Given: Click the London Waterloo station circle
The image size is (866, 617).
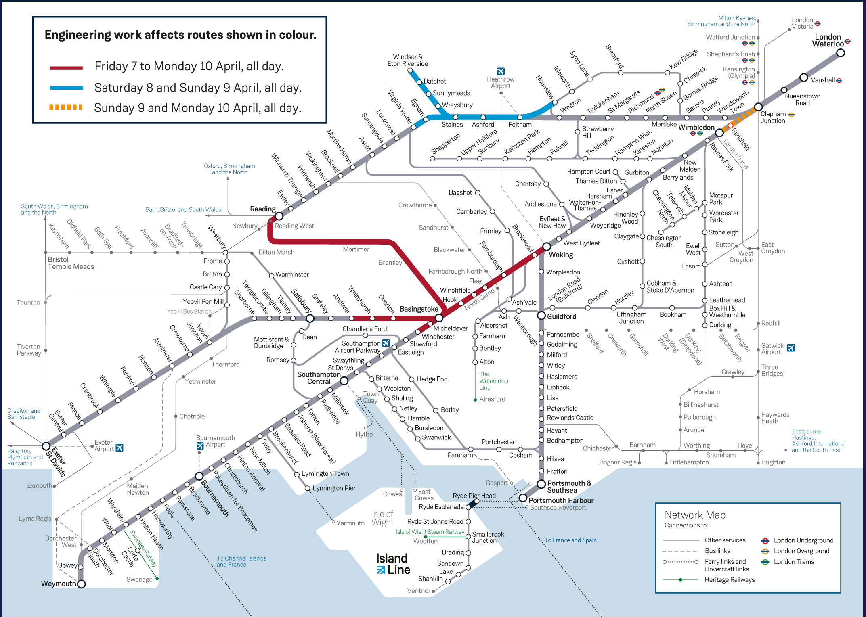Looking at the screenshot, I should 840,53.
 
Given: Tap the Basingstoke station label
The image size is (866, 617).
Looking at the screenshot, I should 419,309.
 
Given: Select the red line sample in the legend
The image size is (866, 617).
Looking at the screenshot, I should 66,68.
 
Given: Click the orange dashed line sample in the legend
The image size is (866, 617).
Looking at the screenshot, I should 66,107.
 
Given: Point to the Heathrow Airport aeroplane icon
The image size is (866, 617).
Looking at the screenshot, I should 501,71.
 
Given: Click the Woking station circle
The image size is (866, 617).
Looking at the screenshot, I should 546,247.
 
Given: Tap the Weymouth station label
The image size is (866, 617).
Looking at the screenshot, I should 58,584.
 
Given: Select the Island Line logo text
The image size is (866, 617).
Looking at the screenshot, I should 393,564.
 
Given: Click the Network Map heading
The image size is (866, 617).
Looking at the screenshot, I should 695,515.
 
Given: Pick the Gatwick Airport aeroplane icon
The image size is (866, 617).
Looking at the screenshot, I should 791,348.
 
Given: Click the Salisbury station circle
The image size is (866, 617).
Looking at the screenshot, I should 310,318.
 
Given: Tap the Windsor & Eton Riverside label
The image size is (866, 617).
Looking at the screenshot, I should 407,60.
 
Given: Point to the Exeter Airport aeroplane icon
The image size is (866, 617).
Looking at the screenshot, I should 120,448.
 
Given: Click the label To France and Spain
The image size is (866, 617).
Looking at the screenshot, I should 570,540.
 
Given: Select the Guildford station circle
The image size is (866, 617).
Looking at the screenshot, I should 541,316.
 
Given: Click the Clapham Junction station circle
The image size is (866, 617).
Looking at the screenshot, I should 758,107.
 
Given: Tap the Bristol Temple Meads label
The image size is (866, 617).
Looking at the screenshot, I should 71,263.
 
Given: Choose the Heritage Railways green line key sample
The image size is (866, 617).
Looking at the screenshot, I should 680,580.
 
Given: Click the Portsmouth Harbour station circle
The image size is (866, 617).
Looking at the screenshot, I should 523,498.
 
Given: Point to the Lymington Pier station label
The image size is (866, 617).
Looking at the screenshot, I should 334,488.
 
